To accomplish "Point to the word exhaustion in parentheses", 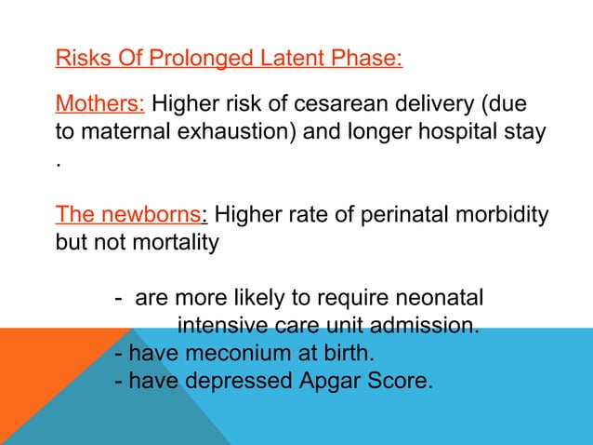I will tap(232, 129).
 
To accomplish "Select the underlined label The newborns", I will tap(128, 214).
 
